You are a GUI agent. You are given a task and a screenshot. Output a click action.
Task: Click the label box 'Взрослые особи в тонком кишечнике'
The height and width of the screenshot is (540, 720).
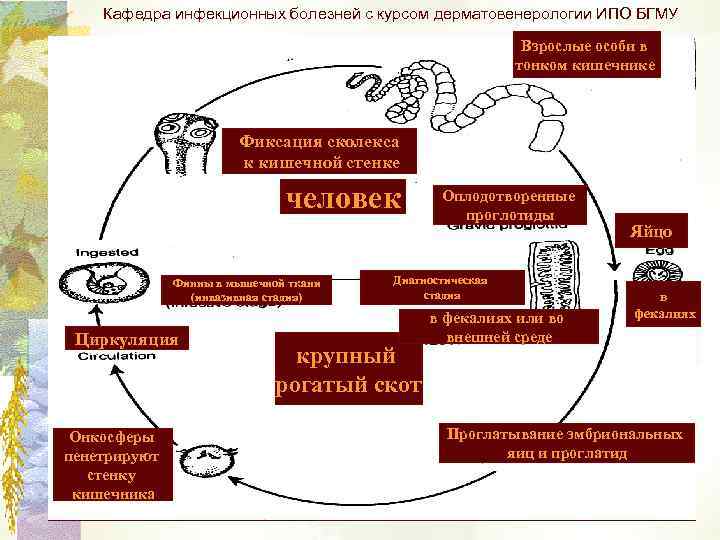586,56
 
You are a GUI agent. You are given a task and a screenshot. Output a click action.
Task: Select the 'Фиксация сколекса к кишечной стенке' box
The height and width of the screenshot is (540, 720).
320,151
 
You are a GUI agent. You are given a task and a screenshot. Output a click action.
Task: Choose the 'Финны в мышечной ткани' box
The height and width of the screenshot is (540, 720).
245,289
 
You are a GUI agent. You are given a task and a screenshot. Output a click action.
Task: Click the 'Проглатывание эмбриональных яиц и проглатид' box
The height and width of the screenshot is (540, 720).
566,443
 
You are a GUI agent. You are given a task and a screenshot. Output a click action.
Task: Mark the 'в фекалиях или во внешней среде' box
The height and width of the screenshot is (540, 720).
497,327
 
